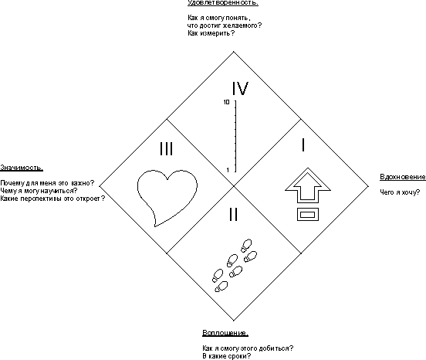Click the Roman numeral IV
click(x=240, y=88)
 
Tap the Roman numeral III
click(x=166, y=149)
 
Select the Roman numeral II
click(x=233, y=214)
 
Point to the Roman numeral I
click(x=303, y=144)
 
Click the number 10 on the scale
click(x=227, y=102)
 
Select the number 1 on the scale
click(x=228, y=170)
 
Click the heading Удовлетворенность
click(x=223, y=3)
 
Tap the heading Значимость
click(x=22, y=168)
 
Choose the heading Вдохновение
click(x=403, y=177)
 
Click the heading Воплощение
click(x=225, y=333)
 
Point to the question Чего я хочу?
click(x=400, y=192)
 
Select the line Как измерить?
click(x=211, y=33)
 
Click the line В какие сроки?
click(x=227, y=356)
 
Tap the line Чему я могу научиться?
click(x=39, y=191)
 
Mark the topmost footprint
click(x=246, y=245)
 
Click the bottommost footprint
click(x=221, y=287)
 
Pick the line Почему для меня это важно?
click(x=47, y=183)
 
